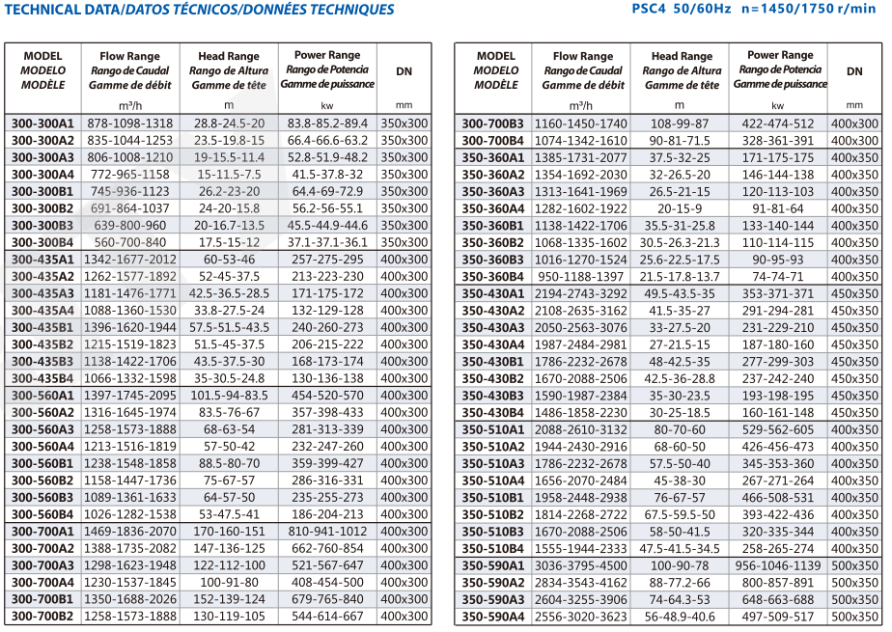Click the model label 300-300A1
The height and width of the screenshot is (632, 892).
[42, 124]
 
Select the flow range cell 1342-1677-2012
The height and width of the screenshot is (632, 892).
[130, 261]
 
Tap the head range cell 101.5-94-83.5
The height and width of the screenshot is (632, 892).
[230, 396]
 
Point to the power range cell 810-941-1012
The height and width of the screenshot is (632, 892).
[326, 532]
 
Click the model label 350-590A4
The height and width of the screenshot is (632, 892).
[493, 617]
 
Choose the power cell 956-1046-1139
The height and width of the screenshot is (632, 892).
[778, 565]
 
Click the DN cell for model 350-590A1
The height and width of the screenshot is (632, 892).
[854, 565]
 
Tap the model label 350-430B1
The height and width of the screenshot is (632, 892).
[493, 362]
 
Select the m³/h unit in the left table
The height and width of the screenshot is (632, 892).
[130, 104]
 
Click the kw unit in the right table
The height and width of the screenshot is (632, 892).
[778, 105]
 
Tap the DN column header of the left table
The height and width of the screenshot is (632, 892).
[404, 71]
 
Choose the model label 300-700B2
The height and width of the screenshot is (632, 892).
[42, 617]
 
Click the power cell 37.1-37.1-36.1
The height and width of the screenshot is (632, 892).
[326, 242]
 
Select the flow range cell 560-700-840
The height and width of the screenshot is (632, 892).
[130, 242]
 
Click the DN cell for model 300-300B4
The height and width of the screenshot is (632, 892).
[404, 242]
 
